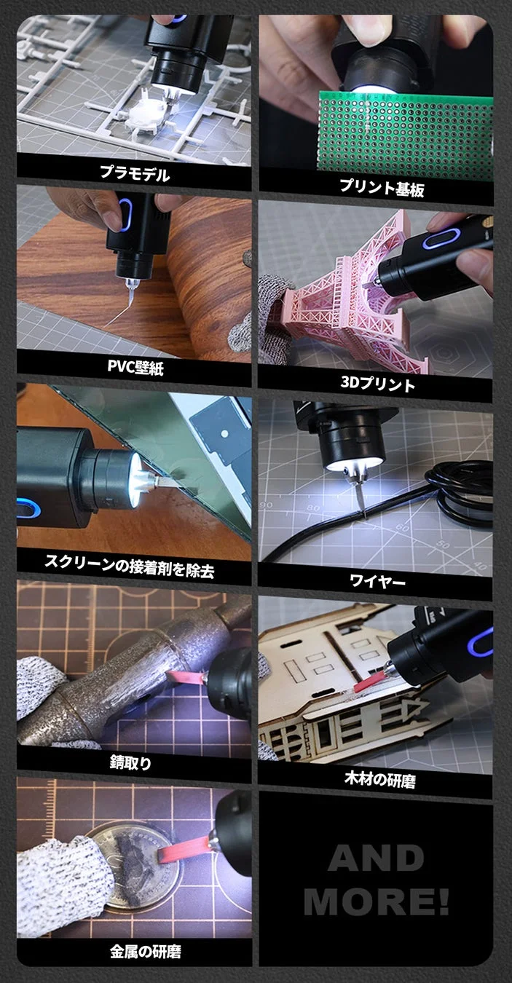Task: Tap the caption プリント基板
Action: [x=381, y=187]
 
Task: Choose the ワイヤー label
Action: [x=377, y=581]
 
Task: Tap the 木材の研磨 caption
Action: [x=379, y=780]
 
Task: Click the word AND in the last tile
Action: [x=375, y=860]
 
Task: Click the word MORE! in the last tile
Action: [x=376, y=901]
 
